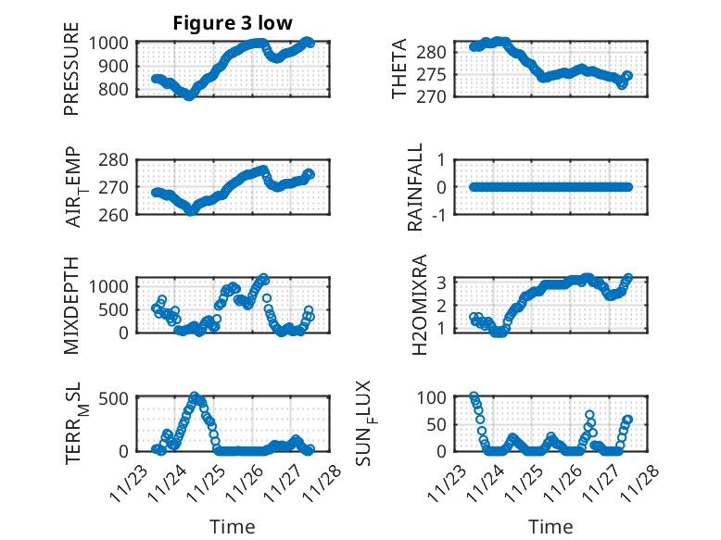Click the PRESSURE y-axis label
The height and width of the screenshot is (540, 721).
[72, 76]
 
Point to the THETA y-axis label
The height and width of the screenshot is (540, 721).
[399, 69]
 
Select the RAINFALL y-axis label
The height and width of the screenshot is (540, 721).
[417, 187]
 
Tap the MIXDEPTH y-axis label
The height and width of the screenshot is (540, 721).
[72, 305]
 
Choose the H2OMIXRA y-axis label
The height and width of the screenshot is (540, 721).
[419, 305]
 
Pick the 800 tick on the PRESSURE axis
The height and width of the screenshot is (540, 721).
[115, 90]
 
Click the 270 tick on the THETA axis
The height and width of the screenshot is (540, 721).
[436, 96]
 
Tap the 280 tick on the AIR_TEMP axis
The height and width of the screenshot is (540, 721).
[115, 160]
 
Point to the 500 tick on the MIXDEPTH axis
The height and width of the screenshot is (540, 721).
[115, 309]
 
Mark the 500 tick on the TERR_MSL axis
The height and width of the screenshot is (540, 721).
[115, 398]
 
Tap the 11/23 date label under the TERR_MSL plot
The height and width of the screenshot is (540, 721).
[128, 482]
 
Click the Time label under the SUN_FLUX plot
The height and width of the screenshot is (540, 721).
[550, 527]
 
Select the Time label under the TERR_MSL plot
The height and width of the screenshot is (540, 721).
[232, 527]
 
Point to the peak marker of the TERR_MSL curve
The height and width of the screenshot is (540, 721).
[194, 396]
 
